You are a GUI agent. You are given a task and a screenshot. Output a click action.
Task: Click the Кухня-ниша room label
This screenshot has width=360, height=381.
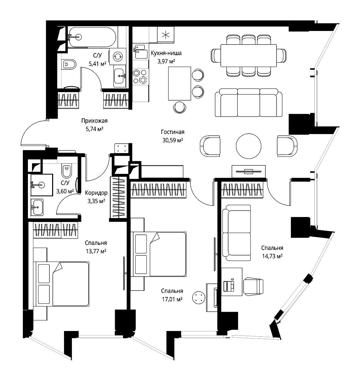click(166, 53)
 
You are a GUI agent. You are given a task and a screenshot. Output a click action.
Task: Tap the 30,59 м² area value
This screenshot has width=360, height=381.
click(173, 140)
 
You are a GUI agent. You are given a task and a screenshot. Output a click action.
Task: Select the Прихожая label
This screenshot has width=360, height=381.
click(94, 121)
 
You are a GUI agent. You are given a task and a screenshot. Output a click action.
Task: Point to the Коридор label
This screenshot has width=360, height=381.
click(96, 193)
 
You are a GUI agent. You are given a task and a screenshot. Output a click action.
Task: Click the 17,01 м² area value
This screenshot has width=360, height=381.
click(172, 299)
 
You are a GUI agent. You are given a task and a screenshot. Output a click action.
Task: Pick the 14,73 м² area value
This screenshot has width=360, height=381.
click(272, 256)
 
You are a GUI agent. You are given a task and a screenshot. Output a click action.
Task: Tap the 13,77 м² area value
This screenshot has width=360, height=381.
click(96, 251)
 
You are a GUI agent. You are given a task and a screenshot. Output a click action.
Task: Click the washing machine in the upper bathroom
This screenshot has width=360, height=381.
click(118, 56)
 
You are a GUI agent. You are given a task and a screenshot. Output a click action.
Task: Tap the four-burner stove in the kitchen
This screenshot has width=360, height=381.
click(140, 76)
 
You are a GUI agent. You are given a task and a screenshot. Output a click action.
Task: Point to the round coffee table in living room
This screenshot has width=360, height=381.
click(249, 146)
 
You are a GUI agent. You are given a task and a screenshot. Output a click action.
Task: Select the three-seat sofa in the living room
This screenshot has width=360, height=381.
click(249, 102)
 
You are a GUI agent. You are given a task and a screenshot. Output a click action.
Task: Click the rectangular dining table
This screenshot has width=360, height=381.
click(249, 55)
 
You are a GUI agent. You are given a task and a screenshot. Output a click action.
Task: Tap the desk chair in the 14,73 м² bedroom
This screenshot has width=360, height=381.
click(253, 286)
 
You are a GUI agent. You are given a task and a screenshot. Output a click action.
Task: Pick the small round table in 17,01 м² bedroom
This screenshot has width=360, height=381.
click(199, 297)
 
